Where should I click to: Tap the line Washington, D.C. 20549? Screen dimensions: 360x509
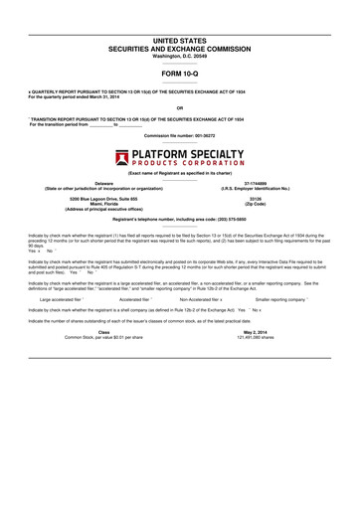[179, 56]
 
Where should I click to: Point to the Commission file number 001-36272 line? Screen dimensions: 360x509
[179, 132]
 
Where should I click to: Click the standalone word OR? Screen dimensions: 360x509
[179, 107]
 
